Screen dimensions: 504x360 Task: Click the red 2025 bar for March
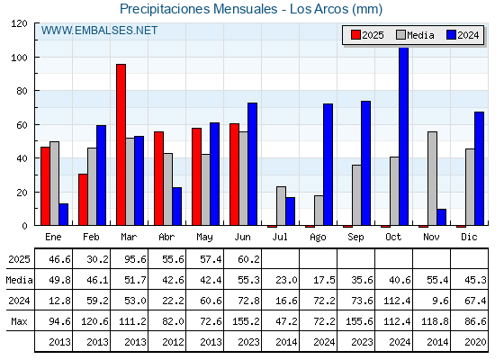[x=121, y=145]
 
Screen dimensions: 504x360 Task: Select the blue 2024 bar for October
[x=404, y=136]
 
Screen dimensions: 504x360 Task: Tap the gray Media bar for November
[x=432, y=178]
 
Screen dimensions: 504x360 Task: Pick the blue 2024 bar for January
[x=64, y=214]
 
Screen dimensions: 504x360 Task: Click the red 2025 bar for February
[x=83, y=200]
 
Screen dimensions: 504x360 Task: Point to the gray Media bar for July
[x=281, y=206]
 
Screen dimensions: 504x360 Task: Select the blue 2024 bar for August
[x=328, y=164]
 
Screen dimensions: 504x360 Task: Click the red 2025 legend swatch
[x=355, y=35]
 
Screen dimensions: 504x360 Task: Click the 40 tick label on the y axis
[x=22, y=158]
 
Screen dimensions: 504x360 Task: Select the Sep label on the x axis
[x=355, y=238]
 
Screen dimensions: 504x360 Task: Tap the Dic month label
[x=469, y=237]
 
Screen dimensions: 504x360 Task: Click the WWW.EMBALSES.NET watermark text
[x=99, y=31]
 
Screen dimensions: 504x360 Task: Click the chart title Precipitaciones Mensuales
[x=198, y=9]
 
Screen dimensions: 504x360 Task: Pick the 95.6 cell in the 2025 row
[x=135, y=259]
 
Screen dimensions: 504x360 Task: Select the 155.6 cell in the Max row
[x=359, y=321]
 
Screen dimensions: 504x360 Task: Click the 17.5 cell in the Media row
[x=324, y=280]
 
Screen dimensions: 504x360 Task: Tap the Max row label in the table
[x=19, y=321]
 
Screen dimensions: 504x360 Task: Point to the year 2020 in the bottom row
[x=476, y=342]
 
